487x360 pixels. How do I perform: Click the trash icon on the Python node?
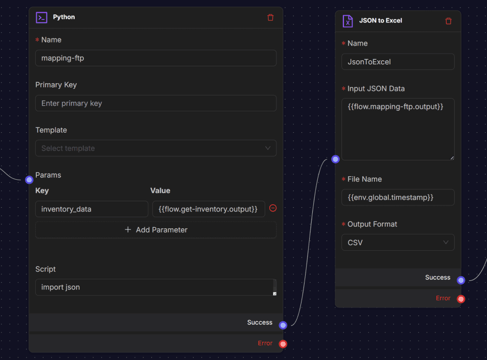[270, 17]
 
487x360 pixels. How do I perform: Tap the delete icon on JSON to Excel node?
[449, 21]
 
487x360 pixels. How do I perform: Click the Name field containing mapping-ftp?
[156, 58]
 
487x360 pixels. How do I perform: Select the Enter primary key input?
[156, 103]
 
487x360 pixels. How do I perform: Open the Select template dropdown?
[156, 148]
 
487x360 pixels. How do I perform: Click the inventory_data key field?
[91, 209]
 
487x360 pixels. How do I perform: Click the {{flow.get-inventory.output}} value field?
[208, 209]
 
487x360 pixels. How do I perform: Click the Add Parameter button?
[156, 230]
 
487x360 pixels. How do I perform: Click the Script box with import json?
[156, 287]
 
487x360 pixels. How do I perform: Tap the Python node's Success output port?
[283, 325]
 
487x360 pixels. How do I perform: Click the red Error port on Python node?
[283, 344]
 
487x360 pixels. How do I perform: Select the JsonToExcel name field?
[398, 62]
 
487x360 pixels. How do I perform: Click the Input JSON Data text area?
[398, 129]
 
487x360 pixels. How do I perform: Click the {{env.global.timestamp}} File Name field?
[398, 198]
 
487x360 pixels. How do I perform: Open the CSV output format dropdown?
[398, 243]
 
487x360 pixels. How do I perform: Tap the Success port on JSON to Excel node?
[461, 280]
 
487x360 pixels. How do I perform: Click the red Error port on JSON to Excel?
[461, 299]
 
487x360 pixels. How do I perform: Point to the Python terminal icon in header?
[41, 17]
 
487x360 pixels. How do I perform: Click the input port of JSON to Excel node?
[335, 159]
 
